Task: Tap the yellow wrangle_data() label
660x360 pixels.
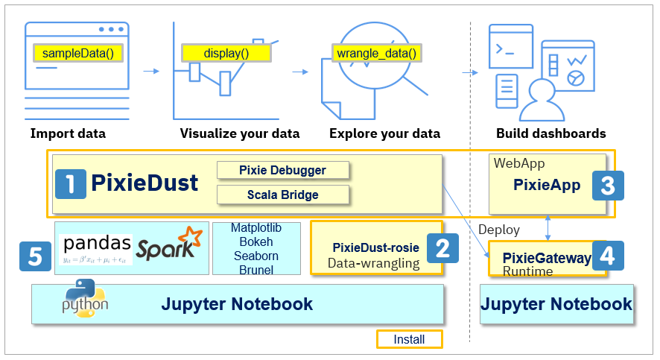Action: coord(375,53)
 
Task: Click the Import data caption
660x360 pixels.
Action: coord(68,134)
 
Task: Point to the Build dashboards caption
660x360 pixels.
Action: coord(550,134)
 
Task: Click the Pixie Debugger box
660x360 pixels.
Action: coord(282,170)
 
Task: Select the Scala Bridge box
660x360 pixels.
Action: coord(282,195)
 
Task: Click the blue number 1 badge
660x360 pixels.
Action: coord(71,183)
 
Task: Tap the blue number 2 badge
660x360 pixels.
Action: coord(442,247)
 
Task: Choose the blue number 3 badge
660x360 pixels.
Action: coord(607,185)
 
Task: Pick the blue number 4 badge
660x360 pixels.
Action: coord(607,256)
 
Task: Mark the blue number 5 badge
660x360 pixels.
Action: coord(35,256)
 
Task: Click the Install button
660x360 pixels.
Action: coord(409,340)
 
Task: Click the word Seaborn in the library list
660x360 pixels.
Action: coord(256,256)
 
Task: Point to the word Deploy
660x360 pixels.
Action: coord(498,229)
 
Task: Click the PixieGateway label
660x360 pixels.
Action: coord(547,258)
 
